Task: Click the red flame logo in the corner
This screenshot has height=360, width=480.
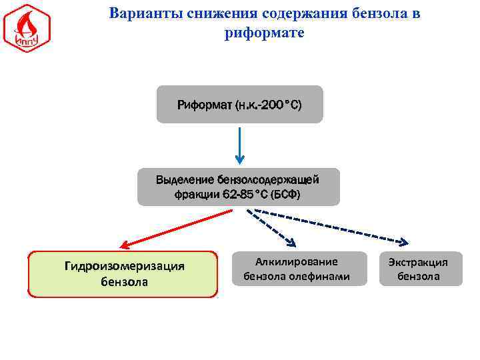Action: tap(27, 28)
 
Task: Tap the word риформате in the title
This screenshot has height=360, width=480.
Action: tap(264, 32)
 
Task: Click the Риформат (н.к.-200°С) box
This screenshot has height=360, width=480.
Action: tap(239, 105)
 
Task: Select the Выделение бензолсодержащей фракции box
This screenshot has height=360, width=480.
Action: tap(238, 187)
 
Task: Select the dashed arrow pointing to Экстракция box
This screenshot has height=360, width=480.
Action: tap(333, 227)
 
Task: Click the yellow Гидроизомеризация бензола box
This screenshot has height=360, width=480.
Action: tap(123, 274)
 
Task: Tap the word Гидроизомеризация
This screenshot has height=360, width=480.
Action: tap(124, 266)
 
